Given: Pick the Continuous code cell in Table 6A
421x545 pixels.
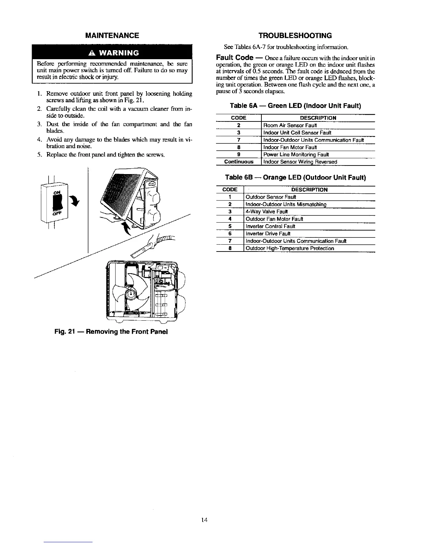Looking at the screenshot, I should tap(239, 162).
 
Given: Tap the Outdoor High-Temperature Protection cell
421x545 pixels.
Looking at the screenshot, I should tap(290, 248).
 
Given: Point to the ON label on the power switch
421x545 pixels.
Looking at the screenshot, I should tap(56, 192).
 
